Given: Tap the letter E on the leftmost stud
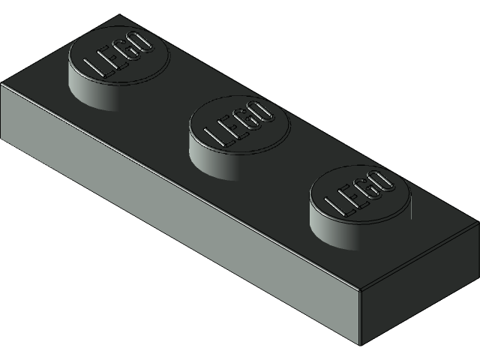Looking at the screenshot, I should click(112, 58).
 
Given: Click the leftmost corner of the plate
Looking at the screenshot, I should click(1, 85).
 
